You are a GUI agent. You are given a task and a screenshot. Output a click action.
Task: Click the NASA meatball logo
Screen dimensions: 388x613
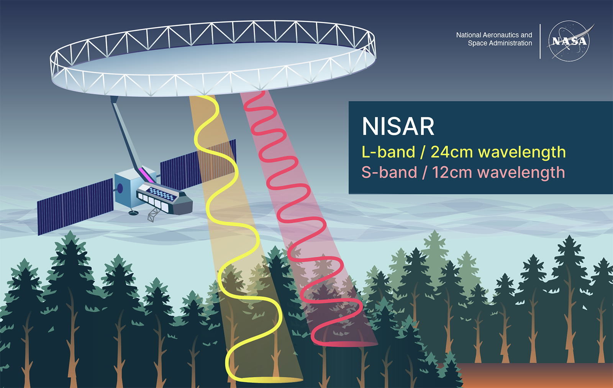click(x=569, y=41)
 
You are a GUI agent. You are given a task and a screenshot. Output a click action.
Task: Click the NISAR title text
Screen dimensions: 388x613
click(x=398, y=127)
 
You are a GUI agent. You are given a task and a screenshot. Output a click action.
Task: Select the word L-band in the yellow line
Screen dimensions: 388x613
click(x=388, y=152)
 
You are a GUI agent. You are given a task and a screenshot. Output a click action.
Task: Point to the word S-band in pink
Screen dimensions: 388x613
click(x=389, y=173)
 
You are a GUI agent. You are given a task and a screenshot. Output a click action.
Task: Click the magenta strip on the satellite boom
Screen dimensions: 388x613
click(x=146, y=174)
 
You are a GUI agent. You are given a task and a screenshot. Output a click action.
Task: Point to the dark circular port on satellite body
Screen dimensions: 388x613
click(x=120, y=188)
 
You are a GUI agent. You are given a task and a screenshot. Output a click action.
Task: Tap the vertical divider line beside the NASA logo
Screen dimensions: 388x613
click(x=540, y=41)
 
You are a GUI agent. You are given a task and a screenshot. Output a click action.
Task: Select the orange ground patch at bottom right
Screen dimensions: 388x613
click(x=536, y=376)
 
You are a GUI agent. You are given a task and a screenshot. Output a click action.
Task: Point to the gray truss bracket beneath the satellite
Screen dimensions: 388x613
click(x=153, y=215)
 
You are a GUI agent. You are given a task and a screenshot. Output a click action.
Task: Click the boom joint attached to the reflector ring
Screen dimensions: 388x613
click(x=114, y=100)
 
